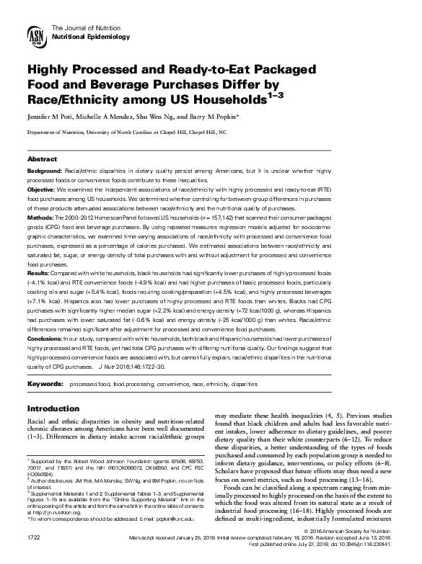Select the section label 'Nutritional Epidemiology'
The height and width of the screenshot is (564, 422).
(x=89, y=35)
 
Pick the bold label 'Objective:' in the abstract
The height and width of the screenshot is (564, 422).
(x=41, y=187)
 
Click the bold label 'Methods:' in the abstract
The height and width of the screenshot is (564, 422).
(x=40, y=215)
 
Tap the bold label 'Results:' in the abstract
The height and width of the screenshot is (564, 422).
(x=39, y=272)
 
